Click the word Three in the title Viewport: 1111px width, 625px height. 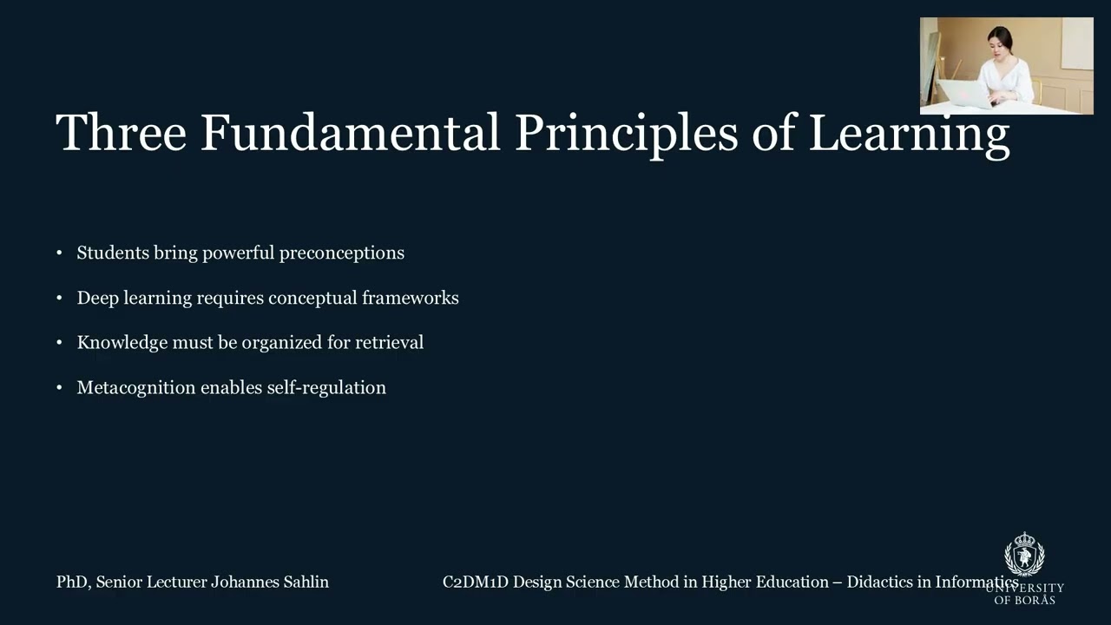(121, 133)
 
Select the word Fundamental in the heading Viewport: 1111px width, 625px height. (350, 133)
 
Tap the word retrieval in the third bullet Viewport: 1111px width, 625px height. (389, 342)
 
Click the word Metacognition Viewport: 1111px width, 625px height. (136, 387)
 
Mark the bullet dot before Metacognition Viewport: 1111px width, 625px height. (59, 388)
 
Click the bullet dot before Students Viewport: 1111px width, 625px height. (59, 253)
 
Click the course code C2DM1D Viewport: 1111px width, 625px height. (476, 582)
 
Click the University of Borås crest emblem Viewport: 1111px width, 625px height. (1024, 555)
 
